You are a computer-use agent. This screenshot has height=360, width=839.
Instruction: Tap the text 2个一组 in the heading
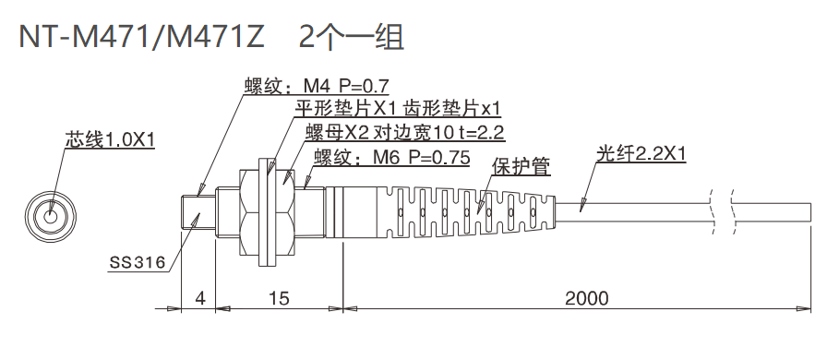pos(352,37)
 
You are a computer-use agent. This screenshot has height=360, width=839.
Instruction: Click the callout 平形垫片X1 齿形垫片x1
pos(397,108)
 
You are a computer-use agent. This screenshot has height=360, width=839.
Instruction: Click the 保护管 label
pos(521,167)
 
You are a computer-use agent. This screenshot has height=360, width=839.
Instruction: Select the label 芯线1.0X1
pos(109,140)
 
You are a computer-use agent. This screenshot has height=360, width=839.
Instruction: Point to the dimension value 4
pos(198,298)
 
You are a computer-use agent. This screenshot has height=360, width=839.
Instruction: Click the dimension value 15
pos(279,298)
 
